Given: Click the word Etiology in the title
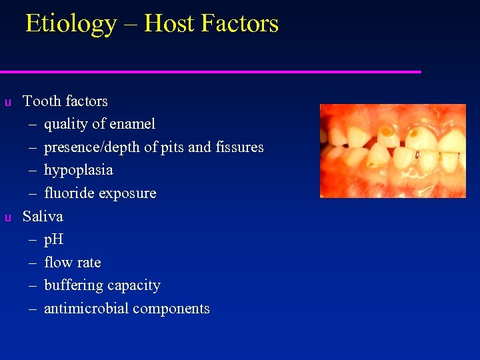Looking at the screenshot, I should (71, 24).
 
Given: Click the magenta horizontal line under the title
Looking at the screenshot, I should (211, 71).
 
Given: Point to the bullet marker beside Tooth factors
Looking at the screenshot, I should (7, 102).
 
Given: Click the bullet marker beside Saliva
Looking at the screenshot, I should (7, 217).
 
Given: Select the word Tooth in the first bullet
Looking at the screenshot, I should (41, 101).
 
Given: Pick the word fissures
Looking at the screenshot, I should (239, 147).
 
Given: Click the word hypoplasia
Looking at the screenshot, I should (78, 170).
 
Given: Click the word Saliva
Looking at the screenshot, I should (43, 217).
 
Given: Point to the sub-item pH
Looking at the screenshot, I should (53, 240).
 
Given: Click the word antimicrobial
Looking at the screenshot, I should (86, 309).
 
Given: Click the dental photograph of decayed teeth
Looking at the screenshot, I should (393, 151).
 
